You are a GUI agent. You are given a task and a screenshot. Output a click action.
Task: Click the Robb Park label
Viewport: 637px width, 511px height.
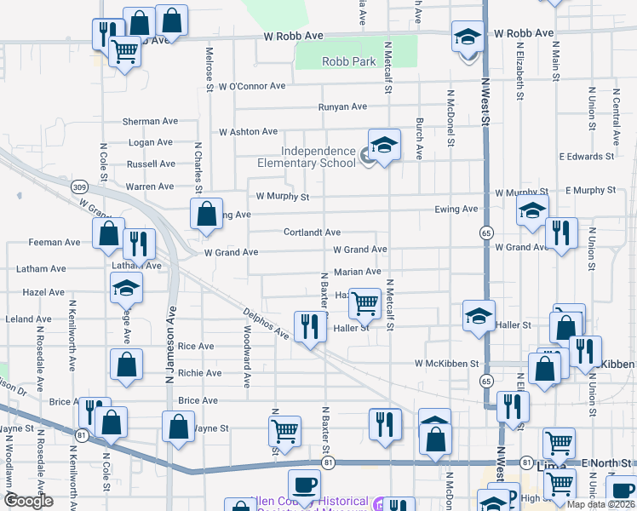click(349, 61)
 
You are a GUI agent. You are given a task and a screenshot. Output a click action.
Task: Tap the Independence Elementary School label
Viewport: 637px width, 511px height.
click(307, 157)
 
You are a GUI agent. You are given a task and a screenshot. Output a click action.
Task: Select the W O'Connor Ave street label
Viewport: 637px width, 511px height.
click(252, 86)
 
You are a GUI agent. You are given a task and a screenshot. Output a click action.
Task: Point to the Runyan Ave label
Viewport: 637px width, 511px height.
click(342, 106)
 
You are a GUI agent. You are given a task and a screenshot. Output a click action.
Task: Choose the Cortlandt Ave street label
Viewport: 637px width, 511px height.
click(312, 232)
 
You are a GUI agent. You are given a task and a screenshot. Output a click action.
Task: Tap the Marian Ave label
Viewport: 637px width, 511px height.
click(357, 272)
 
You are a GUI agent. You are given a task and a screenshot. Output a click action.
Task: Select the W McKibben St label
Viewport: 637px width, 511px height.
click(447, 364)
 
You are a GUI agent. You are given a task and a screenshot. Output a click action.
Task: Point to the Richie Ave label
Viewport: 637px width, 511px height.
click(199, 373)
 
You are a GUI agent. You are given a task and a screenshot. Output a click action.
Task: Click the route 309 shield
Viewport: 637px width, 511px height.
click(79, 187)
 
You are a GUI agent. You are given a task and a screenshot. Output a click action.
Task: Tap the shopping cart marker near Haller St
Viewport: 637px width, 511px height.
click(364, 302)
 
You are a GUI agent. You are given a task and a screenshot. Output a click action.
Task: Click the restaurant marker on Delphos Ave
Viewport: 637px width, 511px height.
click(309, 326)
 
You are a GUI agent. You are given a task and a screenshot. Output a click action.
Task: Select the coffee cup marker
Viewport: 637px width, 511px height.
click(304, 485)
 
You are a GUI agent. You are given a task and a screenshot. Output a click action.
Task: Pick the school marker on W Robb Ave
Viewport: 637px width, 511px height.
click(467, 37)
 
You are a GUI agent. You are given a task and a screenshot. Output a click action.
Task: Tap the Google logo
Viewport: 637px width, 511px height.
click(29, 501)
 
